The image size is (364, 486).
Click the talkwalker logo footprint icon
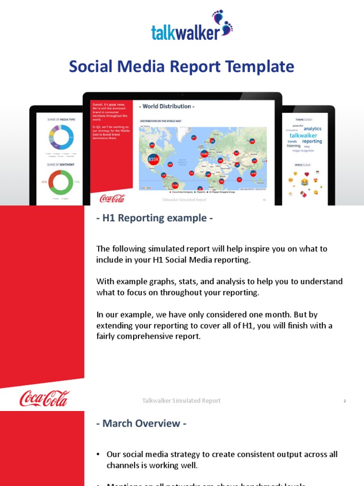point(223,23)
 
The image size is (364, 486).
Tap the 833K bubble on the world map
point(153,160)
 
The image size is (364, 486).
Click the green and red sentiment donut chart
point(60,182)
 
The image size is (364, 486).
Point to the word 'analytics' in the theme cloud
point(312,129)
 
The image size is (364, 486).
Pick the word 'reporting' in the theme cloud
point(312,141)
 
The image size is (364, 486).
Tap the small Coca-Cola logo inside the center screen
point(112,198)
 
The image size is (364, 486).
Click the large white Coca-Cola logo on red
point(45,399)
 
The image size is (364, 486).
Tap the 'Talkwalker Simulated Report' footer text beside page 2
point(182,401)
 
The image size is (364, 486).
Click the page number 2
point(345,401)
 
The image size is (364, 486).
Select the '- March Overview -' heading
point(141,423)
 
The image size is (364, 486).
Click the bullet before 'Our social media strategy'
point(99,455)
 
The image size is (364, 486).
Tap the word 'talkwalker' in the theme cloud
point(303,135)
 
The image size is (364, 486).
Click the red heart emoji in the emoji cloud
point(307,174)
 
